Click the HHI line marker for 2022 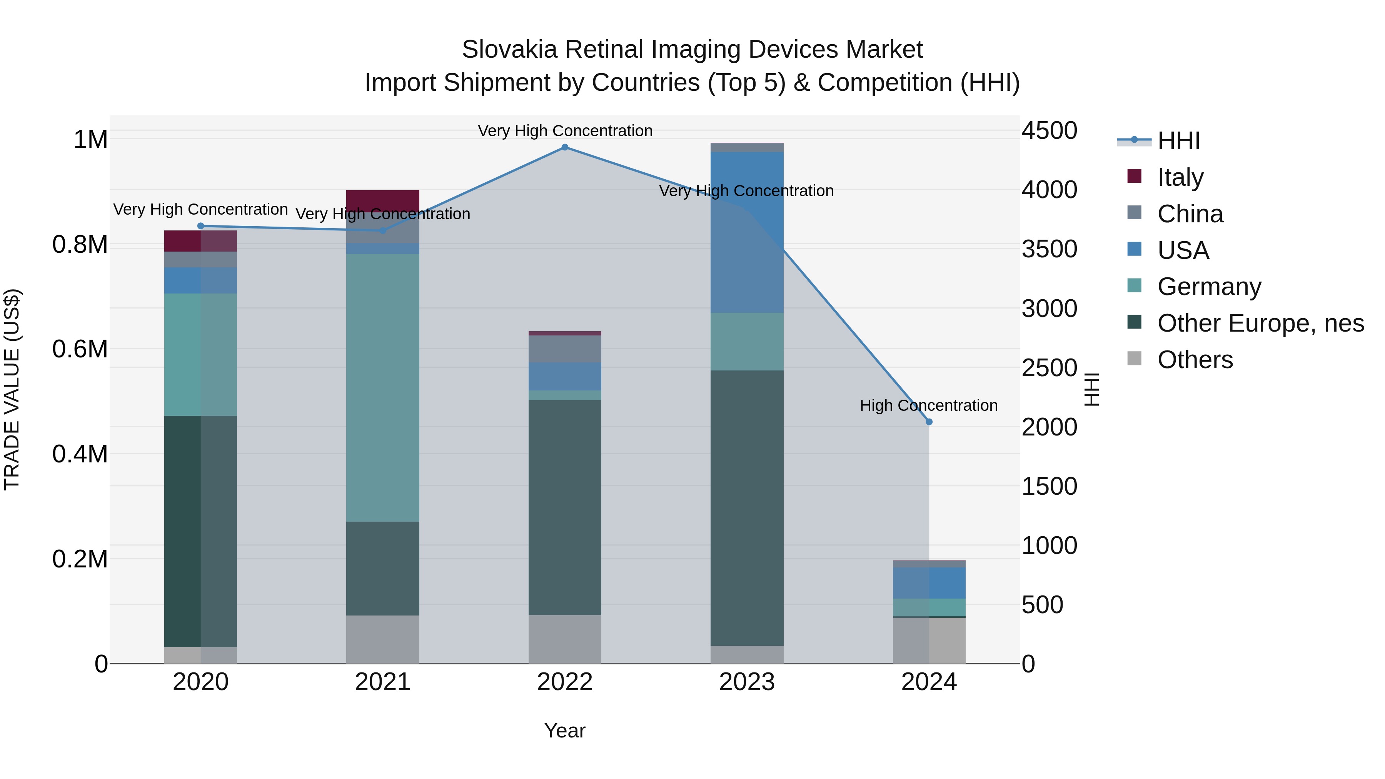coord(564,147)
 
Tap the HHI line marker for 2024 coord(929,422)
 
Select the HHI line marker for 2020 coord(200,226)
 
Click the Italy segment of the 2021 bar coord(382,200)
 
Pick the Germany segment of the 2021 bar coord(382,387)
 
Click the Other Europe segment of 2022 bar coord(564,507)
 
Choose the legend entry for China coord(1190,214)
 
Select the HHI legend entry coord(1178,141)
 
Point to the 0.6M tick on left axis coord(80,349)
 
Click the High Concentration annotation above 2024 coord(929,405)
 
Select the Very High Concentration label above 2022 coord(564,131)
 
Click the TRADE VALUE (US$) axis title coord(12,389)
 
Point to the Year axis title coord(564,731)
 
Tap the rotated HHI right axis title coord(1091,389)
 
